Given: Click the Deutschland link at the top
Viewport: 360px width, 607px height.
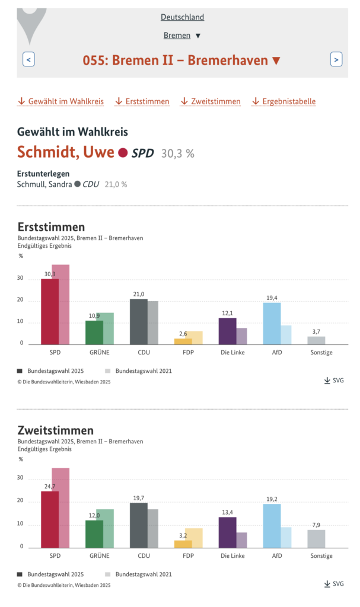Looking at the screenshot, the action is click(x=182, y=17).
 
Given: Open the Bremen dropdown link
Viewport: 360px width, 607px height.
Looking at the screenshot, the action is click(x=181, y=35).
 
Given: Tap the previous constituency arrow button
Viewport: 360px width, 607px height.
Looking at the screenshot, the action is click(x=28, y=60).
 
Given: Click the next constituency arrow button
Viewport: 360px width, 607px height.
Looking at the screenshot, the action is click(x=336, y=60).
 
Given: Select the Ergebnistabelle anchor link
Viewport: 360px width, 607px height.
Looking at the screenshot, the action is click(x=283, y=101).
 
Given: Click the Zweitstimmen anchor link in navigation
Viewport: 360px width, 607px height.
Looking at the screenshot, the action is click(x=211, y=101).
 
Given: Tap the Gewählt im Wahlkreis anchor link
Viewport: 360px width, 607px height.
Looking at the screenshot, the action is click(x=61, y=101).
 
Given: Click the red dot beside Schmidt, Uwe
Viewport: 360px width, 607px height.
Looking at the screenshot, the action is click(x=123, y=153).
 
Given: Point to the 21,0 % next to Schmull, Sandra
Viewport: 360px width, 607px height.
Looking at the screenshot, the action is click(x=116, y=185).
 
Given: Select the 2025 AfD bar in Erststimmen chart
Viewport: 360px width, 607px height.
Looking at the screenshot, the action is click(x=272, y=324).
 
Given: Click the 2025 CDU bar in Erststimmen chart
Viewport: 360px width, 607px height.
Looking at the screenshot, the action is click(x=139, y=322).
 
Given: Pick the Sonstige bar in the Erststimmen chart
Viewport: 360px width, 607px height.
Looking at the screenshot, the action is click(x=316, y=341).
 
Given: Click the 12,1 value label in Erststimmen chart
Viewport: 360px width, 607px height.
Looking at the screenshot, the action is click(x=228, y=313).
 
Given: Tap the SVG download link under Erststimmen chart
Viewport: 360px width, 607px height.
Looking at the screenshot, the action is click(x=334, y=381).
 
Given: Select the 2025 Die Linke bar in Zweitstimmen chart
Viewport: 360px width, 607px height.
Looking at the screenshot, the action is click(x=228, y=533).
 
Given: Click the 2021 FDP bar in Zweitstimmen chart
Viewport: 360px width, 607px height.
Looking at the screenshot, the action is click(x=193, y=538).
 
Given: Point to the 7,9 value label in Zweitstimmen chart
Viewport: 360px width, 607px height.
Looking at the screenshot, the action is click(x=316, y=525).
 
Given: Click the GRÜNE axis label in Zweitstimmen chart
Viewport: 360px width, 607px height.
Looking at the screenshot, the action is click(x=100, y=555).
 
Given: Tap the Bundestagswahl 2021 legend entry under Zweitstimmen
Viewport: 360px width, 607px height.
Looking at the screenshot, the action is click(x=138, y=574).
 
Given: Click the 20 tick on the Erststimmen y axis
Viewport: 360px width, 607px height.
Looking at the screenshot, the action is click(x=20, y=299).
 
